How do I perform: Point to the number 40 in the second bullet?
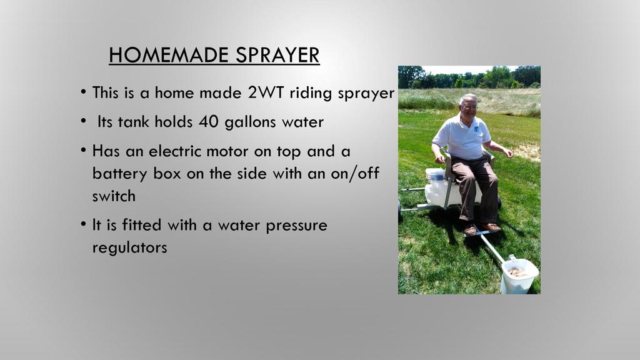click(209, 122)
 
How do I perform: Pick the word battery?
click(119, 174)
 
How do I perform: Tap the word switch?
click(114, 196)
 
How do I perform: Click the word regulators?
click(130, 247)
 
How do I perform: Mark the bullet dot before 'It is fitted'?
click(83, 224)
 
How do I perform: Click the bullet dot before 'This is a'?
click(83, 91)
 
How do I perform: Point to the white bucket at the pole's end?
click(519, 275)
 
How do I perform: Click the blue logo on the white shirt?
click(476, 130)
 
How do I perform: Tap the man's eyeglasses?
click(470, 106)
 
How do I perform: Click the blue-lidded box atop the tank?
click(435, 175)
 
